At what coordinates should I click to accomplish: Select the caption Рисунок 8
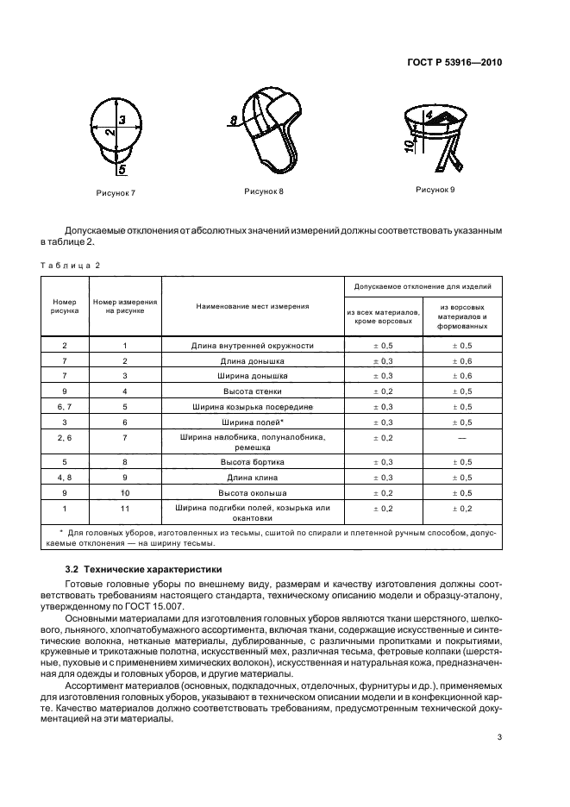coord(263,191)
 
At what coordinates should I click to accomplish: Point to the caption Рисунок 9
coord(435,189)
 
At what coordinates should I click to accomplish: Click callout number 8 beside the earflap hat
coord(233,120)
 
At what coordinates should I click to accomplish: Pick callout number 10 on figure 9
coord(408,145)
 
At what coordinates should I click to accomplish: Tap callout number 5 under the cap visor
coord(122,170)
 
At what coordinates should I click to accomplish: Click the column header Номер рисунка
coord(65,306)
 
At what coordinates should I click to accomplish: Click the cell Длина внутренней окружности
coord(252,345)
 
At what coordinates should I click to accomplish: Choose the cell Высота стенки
coord(252,391)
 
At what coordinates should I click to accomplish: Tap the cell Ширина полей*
coord(252,422)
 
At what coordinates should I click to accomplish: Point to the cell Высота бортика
coord(252,462)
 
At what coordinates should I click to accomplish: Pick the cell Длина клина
coord(252,477)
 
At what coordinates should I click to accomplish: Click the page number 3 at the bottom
coord(499,736)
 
